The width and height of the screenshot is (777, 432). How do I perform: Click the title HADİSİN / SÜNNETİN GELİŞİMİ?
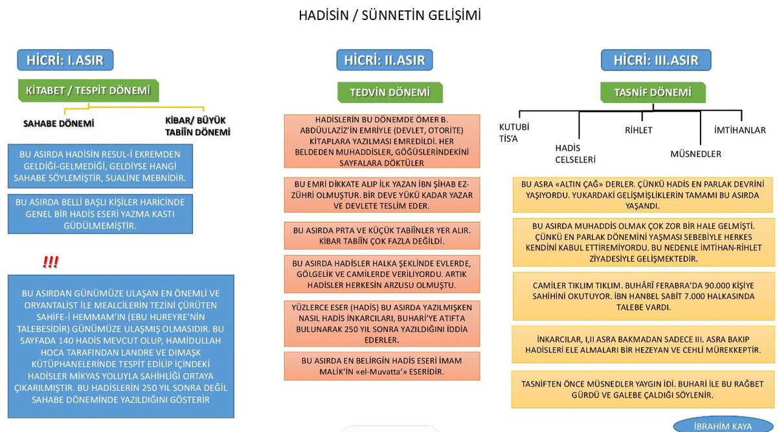[389, 15]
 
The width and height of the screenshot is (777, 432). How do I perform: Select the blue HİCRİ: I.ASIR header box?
[65, 60]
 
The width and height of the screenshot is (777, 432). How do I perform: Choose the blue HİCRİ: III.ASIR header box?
[656, 60]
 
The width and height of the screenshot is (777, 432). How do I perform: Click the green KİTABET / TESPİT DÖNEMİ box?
[87, 91]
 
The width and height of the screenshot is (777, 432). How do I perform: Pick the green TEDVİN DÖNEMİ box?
[390, 92]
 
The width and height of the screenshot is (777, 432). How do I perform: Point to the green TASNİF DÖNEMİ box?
[652, 92]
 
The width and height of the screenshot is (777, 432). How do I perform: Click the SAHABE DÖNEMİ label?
[58, 123]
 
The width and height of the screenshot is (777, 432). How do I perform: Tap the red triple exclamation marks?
[51, 262]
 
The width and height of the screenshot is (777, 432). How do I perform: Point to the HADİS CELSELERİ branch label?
[575, 154]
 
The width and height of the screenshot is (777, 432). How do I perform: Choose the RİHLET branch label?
[638, 130]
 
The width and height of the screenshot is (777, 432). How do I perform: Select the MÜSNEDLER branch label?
[695, 154]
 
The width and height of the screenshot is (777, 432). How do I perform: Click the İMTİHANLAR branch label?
[739, 130]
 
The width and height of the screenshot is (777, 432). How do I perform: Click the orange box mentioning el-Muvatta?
[382, 366]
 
